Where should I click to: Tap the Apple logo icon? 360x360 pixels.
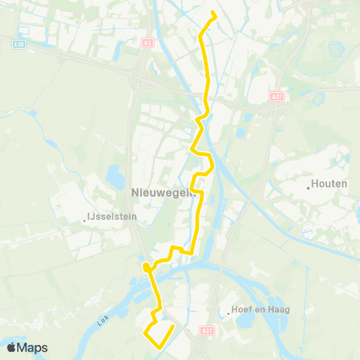click(12, 346)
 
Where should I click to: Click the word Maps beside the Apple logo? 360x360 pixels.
click(33, 347)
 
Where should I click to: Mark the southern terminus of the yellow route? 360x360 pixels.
click(173, 326)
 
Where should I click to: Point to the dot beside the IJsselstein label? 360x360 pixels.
click(85, 220)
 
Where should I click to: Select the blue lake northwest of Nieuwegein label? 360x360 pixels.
click(115, 178)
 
